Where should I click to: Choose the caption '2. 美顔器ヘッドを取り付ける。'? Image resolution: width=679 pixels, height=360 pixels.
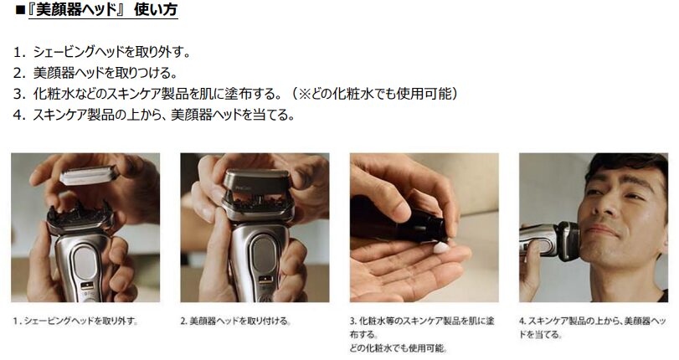coord(236,321)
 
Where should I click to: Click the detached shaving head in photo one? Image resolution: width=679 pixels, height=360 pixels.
coord(88,177)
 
